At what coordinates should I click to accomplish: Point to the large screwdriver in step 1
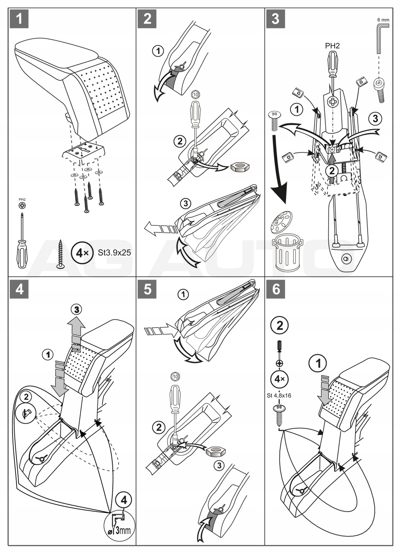(x=22, y=241)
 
